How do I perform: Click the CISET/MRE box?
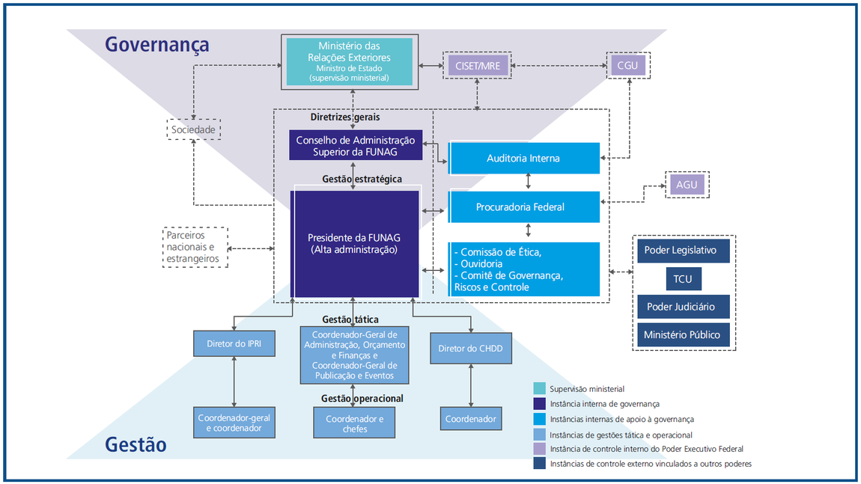coord(476,66)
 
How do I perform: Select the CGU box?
coord(627,66)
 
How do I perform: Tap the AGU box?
coord(687,184)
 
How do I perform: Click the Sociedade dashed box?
coord(193,130)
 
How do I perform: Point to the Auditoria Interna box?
coord(523,159)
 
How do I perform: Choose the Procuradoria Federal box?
coord(523,207)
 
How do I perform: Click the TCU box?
coord(683,278)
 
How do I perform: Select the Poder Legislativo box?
coord(683,251)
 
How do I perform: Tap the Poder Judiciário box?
coord(683,307)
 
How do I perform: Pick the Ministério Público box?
coord(683,335)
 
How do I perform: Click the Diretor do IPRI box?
coord(234,345)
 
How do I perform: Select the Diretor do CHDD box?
coord(470,348)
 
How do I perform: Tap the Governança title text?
coord(156,45)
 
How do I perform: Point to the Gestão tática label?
coord(350,319)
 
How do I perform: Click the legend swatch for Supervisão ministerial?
coord(539,389)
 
